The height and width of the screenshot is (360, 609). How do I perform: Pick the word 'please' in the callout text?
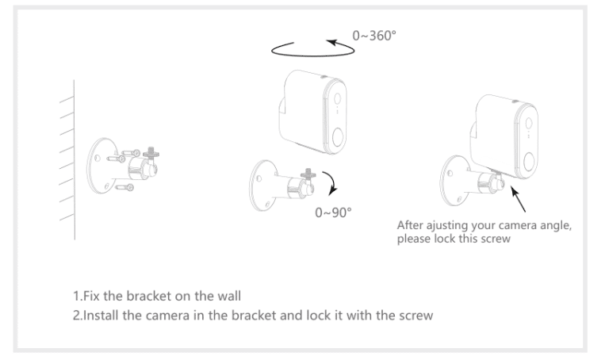[x=414, y=237]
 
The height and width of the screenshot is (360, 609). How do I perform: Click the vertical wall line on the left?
[x=75, y=159]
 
